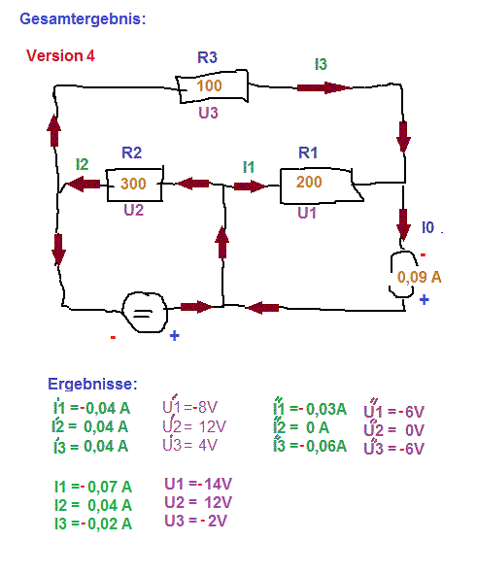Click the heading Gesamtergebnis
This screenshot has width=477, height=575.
click(x=83, y=19)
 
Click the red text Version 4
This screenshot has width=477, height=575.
click(x=60, y=55)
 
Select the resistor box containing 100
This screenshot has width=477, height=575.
click(x=212, y=86)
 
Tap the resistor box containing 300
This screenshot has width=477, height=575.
click(x=135, y=185)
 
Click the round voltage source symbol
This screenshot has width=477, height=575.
click(x=145, y=312)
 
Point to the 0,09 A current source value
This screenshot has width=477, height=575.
click(x=419, y=277)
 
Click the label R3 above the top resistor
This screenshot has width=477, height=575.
click(x=207, y=57)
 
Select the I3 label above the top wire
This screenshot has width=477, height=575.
click(x=321, y=64)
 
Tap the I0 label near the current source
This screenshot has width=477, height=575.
click(x=427, y=227)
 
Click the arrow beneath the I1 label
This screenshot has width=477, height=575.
click(x=251, y=186)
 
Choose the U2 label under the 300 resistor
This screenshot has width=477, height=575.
click(x=133, y=210)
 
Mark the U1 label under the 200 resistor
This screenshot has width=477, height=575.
click(x=307, y=213)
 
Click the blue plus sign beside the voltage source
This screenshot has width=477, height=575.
click(x=175, y=335)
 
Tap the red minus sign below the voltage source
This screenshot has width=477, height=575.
click(x=113, y=337)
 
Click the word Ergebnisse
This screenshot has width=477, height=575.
click(x=92, y=384)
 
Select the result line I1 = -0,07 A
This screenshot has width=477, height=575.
click(x=93, y=487)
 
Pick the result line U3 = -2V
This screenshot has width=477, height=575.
click(x=196, y=521)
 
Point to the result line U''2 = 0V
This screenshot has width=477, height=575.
click(x=394, y=429)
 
